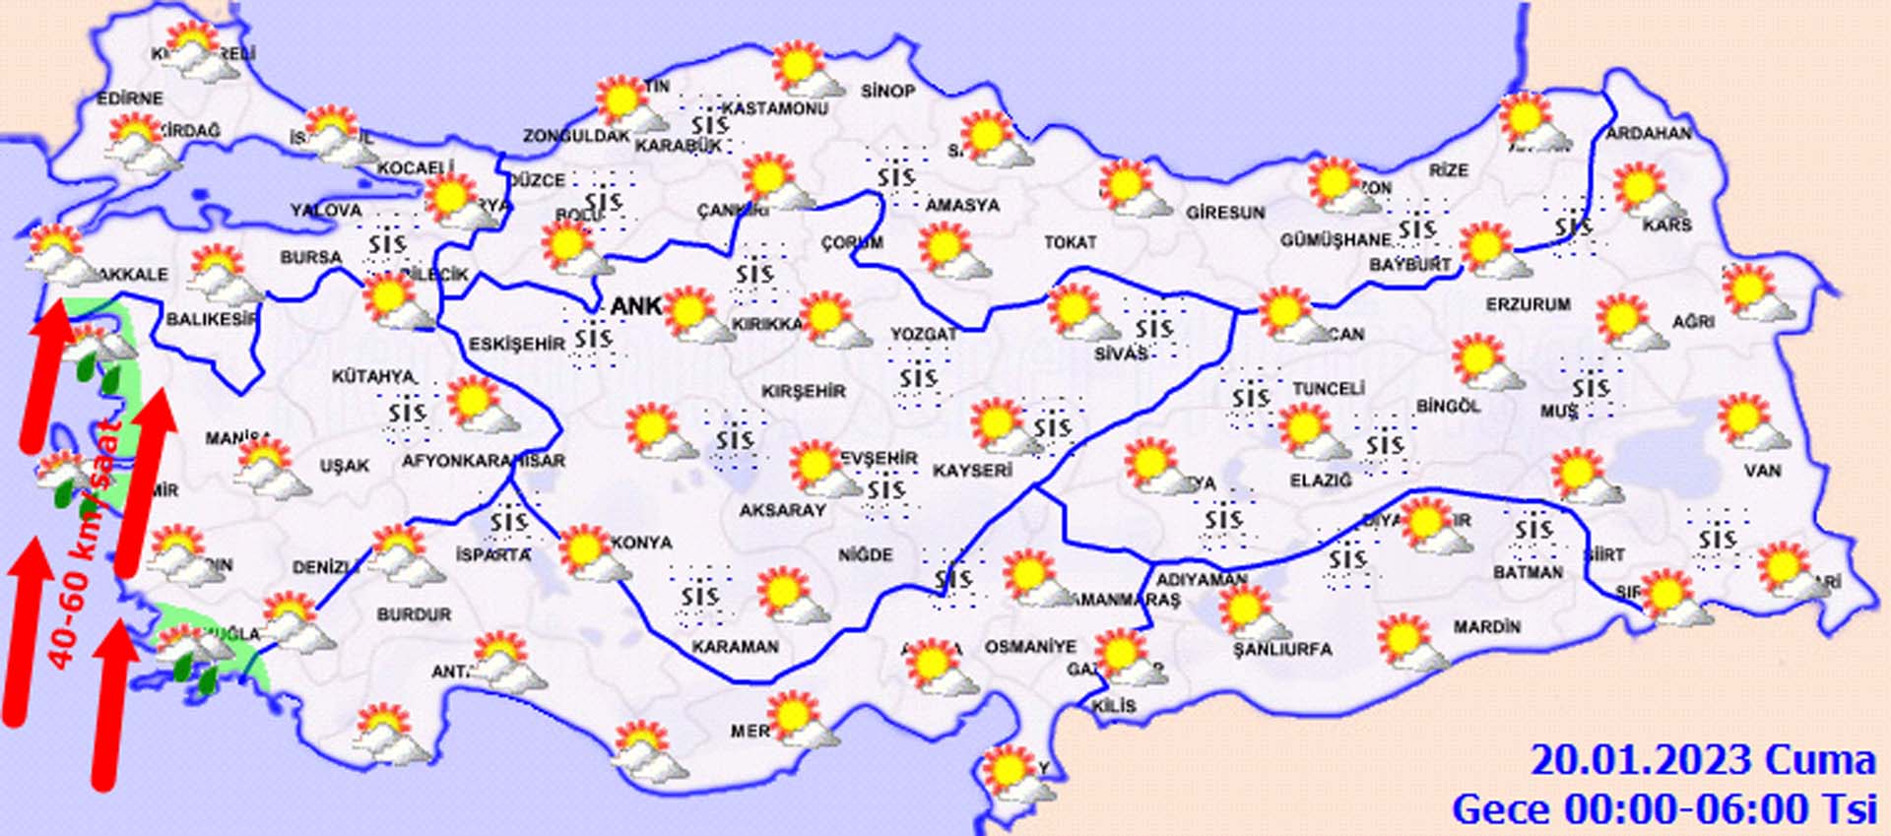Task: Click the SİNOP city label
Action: (887, 92)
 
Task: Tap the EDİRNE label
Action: (130, 98)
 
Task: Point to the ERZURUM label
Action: (1528, 305)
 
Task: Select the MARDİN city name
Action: (1486, 626)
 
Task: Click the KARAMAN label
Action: (735, 647)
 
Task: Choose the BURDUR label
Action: (414, 614)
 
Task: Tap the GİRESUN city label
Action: (1225, 213)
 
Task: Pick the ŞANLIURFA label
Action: (1282, 649)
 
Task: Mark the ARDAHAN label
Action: (1649, 133)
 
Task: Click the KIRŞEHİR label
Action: (804, 391)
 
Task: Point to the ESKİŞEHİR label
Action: (517, 344)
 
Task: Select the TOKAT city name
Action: (1070, 241)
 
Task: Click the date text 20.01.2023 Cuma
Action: (1702, 760)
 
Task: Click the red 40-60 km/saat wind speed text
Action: (83, 551)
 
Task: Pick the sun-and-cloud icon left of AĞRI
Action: (1628, 322)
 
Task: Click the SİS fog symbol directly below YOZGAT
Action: (918, 378)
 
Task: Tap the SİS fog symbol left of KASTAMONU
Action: (708, 125)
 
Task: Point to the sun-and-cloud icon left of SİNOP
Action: (805, 71)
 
